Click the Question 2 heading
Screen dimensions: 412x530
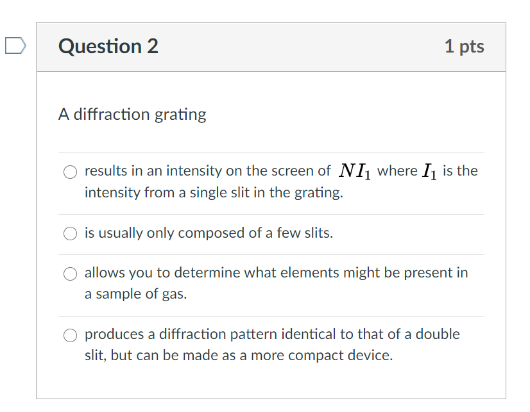[x=108, y=47]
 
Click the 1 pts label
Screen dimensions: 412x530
[x=464, y=47]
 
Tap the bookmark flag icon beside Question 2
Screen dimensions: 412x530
[x=14, y=45]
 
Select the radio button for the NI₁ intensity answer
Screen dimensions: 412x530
[x=70, y=172]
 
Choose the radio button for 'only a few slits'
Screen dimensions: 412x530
[x=70, y=234]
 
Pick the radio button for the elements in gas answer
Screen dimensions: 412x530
[x=70, y=274]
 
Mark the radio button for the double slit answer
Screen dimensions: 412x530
[x=70, y=335]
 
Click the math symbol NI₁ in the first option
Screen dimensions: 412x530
[x=354, y=171]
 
